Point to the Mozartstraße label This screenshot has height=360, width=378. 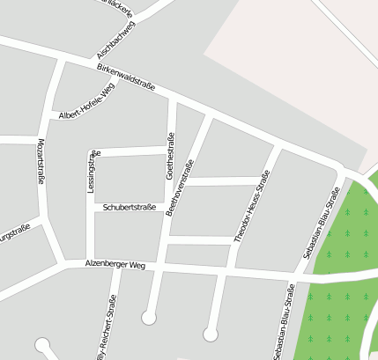click(41, 161)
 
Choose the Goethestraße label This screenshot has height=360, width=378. click(170, 156)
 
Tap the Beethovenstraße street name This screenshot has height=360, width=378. click(180, 187)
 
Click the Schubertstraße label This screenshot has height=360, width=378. click(130, 208)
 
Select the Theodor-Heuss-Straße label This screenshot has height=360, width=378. click(252, 206)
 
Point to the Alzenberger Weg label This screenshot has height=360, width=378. click(114, 264)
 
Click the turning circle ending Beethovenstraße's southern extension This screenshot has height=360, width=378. click(149, 315)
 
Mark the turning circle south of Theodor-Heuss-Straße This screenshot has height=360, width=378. click(210, 334)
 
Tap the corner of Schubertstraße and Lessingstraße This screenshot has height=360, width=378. click(92, 208)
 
